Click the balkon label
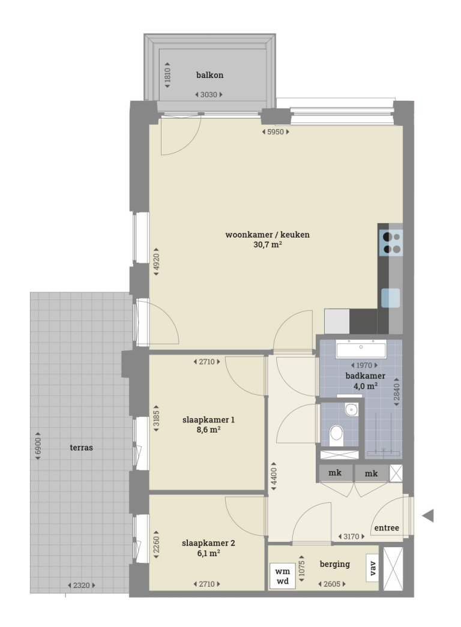(209, 75)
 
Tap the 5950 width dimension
(276, 132)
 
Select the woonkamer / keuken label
(267, 235)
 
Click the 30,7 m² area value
(268, 245)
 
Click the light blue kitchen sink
(391, 298)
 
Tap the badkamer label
(365, 376)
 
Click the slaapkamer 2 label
(208, 544)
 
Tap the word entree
(387, 528)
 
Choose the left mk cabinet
(335, 473)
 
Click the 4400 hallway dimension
(273, 475)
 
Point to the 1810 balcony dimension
(168, 75)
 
